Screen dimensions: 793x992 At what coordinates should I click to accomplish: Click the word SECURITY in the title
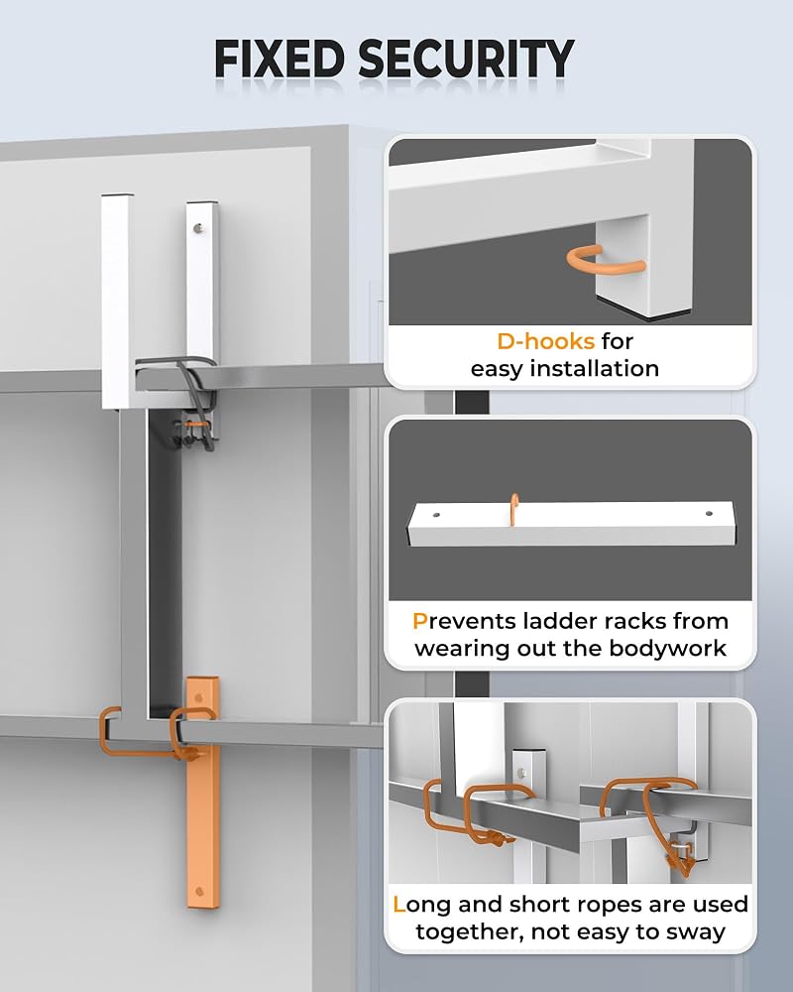pos(466,59)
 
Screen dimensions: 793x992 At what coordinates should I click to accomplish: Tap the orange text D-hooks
pos(546,341)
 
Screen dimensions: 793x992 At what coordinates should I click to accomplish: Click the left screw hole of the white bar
pos(436,515)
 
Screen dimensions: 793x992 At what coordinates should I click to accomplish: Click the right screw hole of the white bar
pos(709,514)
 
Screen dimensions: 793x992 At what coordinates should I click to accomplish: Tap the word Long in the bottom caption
pos(422,905)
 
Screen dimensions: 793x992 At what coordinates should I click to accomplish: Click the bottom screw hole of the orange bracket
pos(200,892)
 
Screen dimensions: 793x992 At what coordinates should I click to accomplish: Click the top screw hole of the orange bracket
pos(200,697)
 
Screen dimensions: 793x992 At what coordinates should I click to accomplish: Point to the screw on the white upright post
pos(200,227)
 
